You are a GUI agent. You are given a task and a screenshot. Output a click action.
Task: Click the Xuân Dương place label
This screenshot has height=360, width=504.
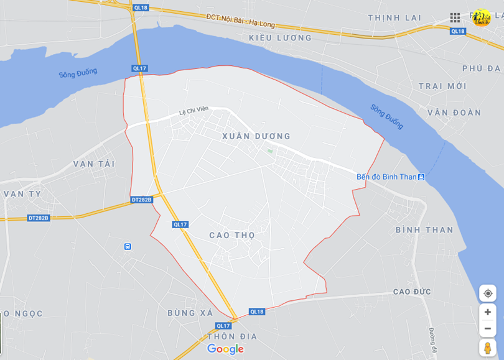coord(256,136)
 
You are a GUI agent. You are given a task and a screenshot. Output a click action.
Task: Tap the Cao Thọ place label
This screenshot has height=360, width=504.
coord(232,235)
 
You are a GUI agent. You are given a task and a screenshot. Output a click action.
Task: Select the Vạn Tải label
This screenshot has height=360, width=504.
coord(94,164)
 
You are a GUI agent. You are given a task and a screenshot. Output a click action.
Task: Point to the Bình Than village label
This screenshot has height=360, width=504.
coord(424,229)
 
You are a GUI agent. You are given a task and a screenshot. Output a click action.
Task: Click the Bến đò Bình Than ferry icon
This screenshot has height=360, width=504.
coord(421,177)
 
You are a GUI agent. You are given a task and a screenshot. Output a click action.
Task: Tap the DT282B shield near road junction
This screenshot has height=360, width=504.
coord(142,200)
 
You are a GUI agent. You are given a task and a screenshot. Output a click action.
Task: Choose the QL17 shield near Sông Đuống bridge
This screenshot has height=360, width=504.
coord(139,68)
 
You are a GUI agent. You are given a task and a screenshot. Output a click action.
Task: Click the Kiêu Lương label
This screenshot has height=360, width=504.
coord(280,38)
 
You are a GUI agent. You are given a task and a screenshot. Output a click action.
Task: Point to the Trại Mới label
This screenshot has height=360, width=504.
coord(442,86)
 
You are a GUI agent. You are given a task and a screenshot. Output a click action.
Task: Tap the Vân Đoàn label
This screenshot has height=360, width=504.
coord(454,113)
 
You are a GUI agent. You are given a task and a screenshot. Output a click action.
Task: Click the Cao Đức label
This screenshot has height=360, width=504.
coord(412,292)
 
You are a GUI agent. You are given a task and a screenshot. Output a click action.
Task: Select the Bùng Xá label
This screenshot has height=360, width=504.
coord(190,313)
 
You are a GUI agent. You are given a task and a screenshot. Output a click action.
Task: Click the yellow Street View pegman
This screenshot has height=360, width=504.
coord(487,348)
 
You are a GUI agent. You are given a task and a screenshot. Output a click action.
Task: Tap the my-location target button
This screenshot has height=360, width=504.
coord(488,293)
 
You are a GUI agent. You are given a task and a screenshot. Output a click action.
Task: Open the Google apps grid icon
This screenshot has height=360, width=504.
coord(455,17)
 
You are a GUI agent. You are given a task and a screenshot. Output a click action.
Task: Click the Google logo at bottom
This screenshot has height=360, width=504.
coord(225,349)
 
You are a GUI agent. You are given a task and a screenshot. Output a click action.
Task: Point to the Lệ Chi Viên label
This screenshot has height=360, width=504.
coord(193,110)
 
